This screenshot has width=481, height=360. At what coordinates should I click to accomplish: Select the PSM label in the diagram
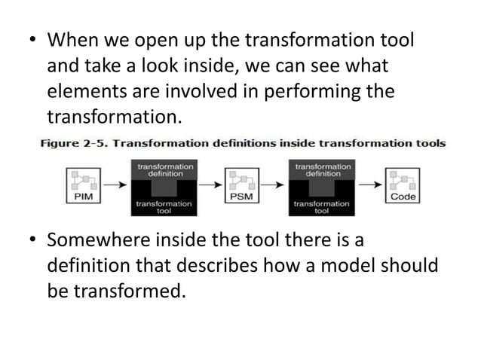(x=240, y=197)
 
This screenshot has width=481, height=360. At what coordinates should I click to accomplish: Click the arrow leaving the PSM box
(x=272, y=184)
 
